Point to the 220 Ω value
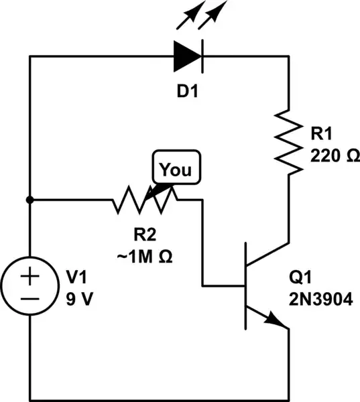tap(335, 155)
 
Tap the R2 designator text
tap(145, 234)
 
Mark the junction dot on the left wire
tap(29, 200)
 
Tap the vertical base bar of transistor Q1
tap(246, 286)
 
